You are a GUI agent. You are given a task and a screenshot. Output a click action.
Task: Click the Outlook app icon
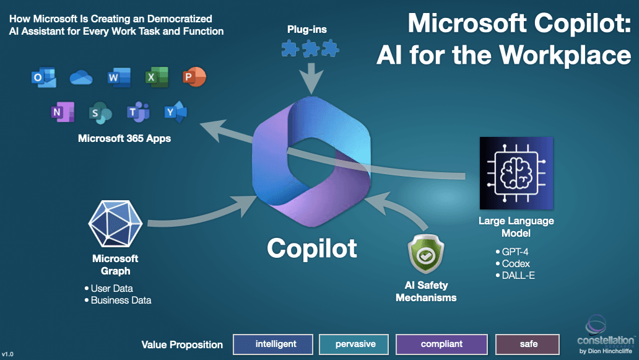coord(43,77)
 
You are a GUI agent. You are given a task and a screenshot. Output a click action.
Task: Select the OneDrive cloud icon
coord(81,77)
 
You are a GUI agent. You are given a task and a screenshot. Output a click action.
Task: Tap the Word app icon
coord(118,77)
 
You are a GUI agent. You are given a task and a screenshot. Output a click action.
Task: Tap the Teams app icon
coord(138,112)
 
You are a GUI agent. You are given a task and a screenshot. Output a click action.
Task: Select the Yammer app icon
coord(176,112)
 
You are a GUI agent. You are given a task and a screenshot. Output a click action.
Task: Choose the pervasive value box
coord(356,344)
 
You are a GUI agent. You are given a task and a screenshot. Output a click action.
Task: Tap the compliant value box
coord(441,344)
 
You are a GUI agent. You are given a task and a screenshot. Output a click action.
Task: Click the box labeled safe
coord(528,344)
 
